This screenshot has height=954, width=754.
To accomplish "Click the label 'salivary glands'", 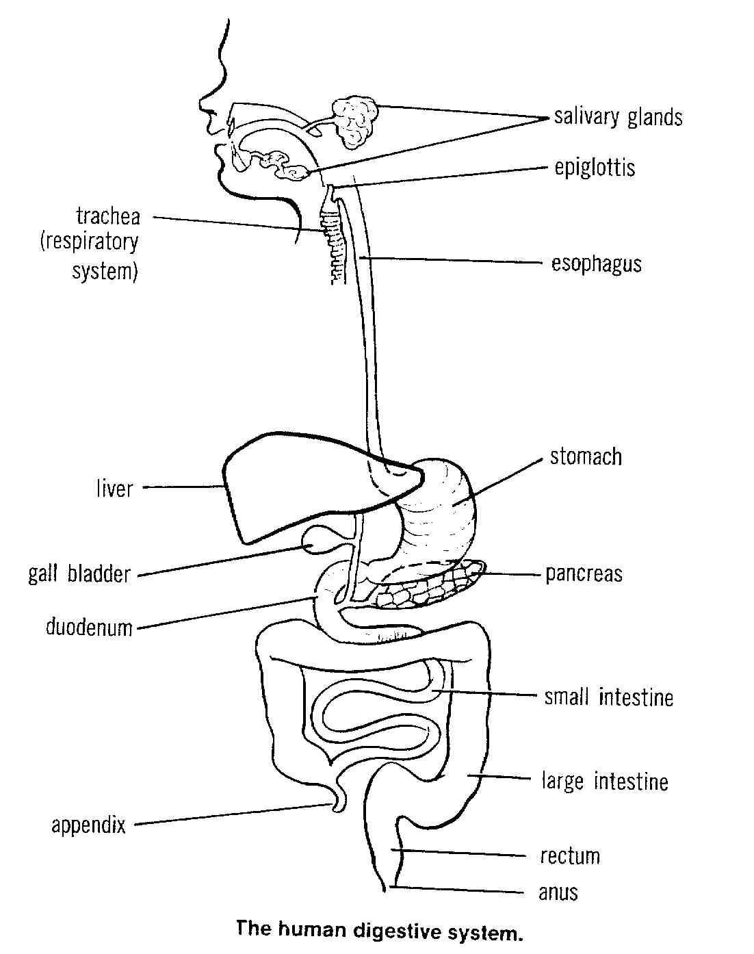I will pyautogui.click(x=618, y=117).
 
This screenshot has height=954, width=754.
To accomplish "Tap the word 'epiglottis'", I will pyautogui.click(x=595, y=168).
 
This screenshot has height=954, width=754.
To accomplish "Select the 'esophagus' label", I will pyautogui.click(x=597, y=263).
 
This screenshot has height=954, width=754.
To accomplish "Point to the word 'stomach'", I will pyautogui.click(x=586, y=456).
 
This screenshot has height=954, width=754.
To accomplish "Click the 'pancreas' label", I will pyautogui.click(x=584, y=573).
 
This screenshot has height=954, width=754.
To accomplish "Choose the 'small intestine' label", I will pyautogui.click(x=608, y=697).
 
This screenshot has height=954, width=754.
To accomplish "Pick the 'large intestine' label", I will pyautogui.click(x=604, y=781).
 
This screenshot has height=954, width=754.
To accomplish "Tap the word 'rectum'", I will pyautogui.click(x=569, y=856).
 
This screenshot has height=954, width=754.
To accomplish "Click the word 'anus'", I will pyautogui.click(x=558, y=892).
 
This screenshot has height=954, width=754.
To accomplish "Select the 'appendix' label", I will pyautogui.click(x=89, y=825).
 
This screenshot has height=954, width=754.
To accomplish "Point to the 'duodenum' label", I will pyautogui.click(x=89, y=627).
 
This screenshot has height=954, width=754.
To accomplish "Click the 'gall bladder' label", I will pyautogui.click(x=79, y=573).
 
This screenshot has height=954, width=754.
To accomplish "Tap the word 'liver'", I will pyautogui.click(x=114, y=489).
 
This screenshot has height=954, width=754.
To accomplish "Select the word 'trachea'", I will pyautogui.click(x=108, y=217).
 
